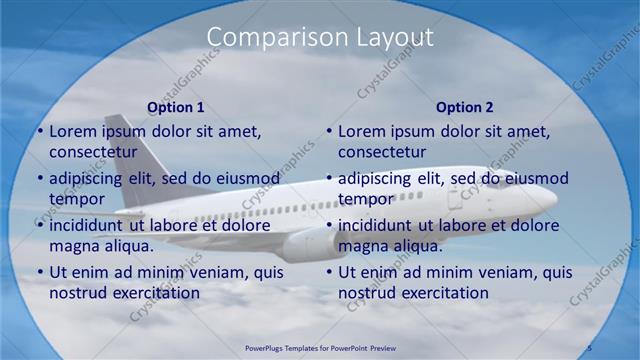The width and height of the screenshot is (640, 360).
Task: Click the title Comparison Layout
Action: (320, 37)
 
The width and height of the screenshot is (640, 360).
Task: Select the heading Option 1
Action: (176, 107)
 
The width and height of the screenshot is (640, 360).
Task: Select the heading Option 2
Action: (465, 107)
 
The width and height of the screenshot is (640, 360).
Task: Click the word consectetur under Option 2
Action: (382, 152)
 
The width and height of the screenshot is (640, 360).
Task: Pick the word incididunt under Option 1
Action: (87, 226)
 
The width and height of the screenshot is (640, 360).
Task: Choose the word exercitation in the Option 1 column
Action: (153, 293)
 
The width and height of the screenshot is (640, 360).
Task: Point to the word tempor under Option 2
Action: (366, 199)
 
